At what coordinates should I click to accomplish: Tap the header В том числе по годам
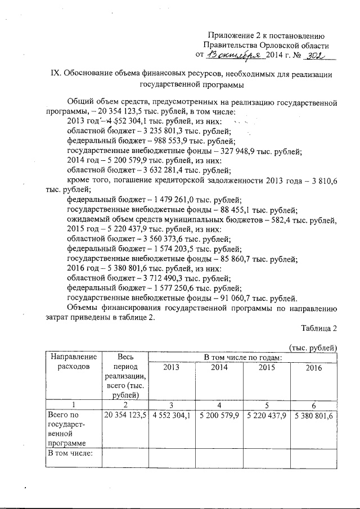[x=242, y=357]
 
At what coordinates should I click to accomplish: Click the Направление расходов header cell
[x=73, y=362]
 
